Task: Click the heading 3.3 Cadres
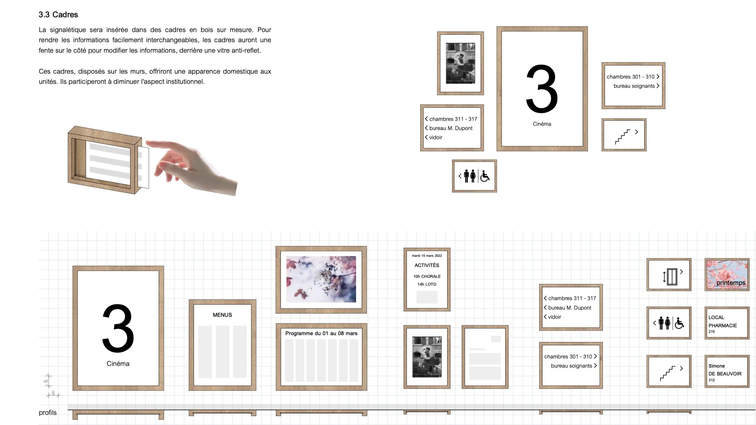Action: [58, 15]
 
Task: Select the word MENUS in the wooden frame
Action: [222, 315]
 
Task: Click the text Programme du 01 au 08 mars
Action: [321, 333]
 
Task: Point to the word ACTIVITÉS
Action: [427, 265]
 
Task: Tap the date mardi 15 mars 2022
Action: [427, 256]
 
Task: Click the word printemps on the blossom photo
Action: [731, 283]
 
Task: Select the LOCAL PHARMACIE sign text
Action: [722, 322]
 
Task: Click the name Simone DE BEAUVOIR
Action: [725, 370]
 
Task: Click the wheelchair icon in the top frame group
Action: [485, 176]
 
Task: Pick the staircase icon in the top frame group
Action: [623, 137]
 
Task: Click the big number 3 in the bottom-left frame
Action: [118, 328]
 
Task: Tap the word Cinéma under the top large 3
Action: [542, 124]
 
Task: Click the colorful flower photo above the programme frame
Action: [321, 279]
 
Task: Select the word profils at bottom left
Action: [48, 413]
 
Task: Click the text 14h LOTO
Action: [427, 284]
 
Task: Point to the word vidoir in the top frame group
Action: [435, 137]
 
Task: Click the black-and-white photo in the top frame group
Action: [460, 63]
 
